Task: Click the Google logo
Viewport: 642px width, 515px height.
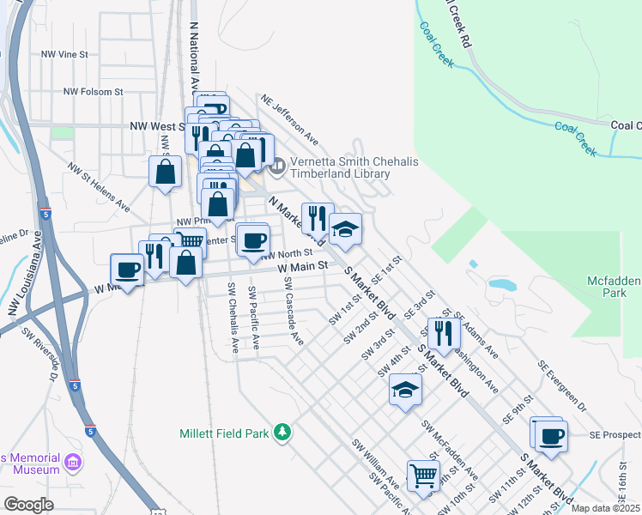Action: (28, 504)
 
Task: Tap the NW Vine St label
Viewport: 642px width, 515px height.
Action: (65, 54)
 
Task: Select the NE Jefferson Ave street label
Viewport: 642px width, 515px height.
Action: (290, 118)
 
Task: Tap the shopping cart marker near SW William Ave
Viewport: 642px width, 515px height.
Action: (422, 474)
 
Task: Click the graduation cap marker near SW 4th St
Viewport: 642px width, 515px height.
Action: (405, 391)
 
